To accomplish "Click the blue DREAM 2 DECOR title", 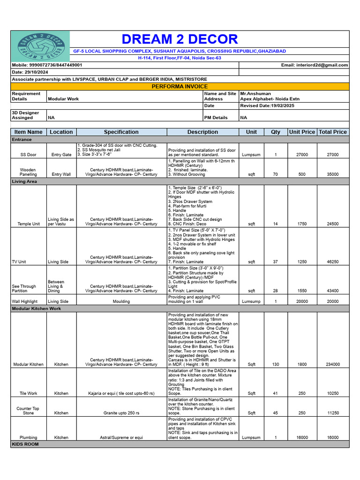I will (x=180, y=39).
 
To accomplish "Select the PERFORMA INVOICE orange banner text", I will (x=180, y=87).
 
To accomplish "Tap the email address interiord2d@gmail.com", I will (x=321, y=65).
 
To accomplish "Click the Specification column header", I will (x=121, y=132).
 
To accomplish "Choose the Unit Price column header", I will (x=302, y=132).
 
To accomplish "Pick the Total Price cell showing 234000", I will (x=333, y=364).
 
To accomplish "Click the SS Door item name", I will (x=28, y=154).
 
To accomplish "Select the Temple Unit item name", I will (x=28, y=224).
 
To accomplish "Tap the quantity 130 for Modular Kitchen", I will (x=275, y=364).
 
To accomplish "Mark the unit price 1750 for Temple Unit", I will (x=302, y=224).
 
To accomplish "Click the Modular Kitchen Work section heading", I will (x=37, y=309).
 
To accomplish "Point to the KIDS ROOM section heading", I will (x=25, y=444).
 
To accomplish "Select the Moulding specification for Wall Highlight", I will (x=121, y=301).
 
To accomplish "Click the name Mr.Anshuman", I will (x=256, y=94).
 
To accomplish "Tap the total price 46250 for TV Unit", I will (x=333, y=262).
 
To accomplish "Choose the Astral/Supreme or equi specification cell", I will (x=121, y=438).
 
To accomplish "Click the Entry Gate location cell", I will (x=61, y=154).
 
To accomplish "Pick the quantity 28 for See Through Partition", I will (x=275, y=291).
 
